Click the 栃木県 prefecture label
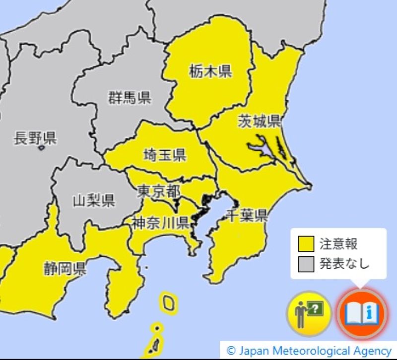210,71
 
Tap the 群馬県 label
130,97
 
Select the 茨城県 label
259,120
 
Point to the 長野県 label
35,138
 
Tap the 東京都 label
158,191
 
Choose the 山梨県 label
94,200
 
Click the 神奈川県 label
160,223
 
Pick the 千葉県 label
247,216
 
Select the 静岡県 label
65,269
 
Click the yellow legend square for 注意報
306,244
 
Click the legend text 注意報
339,244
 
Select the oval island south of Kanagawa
168,302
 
